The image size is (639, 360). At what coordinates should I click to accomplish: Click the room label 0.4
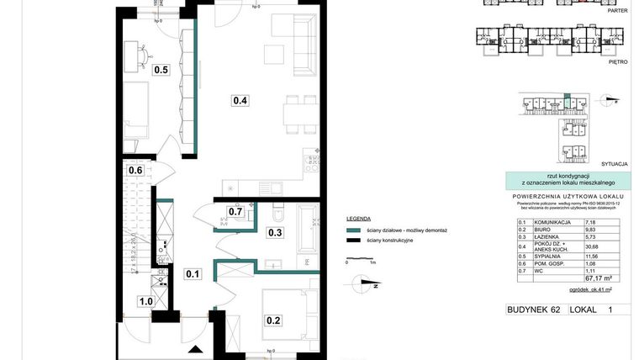tap(240, 101)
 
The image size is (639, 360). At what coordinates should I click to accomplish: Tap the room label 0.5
tap(161, 70)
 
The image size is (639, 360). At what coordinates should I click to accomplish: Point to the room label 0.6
tap(135, 171)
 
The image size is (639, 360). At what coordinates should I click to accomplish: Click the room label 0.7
tap(235, 211)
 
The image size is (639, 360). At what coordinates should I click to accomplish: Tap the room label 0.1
tap(193, 273)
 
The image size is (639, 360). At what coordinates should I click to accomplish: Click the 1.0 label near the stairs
tap(145, 301)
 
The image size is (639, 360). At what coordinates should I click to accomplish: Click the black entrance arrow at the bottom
tap(197, 350)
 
